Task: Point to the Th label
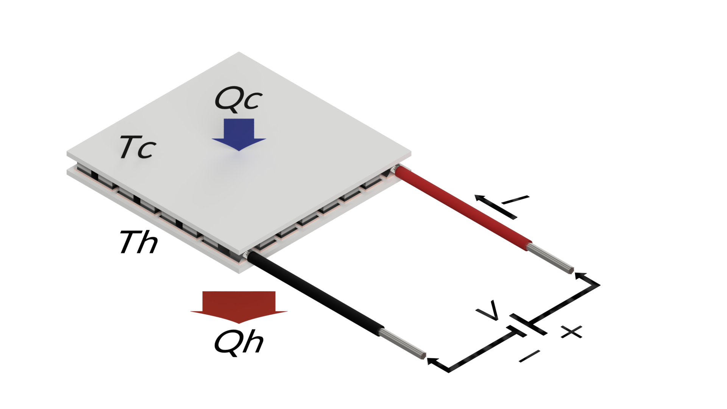pos(139,242)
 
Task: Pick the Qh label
pos(239,342)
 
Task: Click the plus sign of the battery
pos(572,332)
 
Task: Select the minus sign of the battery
pos(529,356)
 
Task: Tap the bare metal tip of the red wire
pos(551,259)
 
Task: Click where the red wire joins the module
pos(396,170)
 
